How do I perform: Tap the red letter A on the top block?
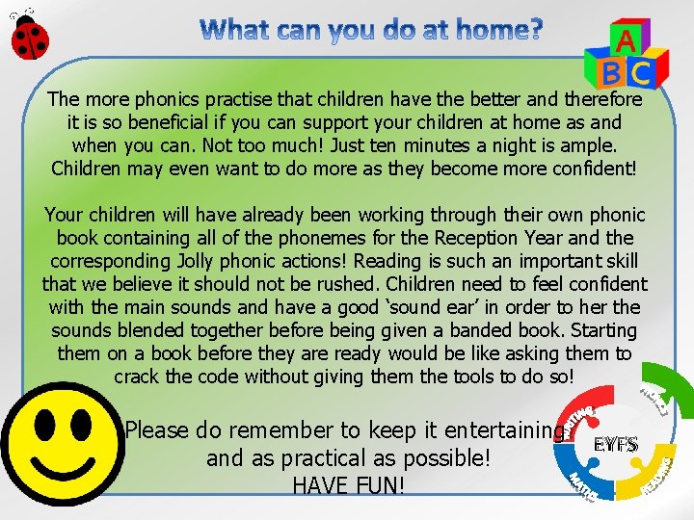[625, 40]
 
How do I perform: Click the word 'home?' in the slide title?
[494, 30]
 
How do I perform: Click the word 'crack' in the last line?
[137, 377]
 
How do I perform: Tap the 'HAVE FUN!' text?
[348, 485]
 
